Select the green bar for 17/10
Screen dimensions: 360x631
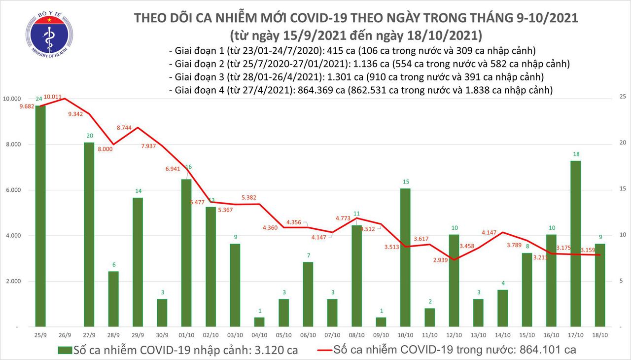575,244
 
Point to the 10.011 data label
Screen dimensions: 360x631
53,97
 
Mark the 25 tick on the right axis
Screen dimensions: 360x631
623,97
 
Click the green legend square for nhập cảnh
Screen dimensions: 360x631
65,350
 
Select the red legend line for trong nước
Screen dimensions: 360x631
317,350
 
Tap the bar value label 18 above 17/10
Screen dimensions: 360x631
575,155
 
